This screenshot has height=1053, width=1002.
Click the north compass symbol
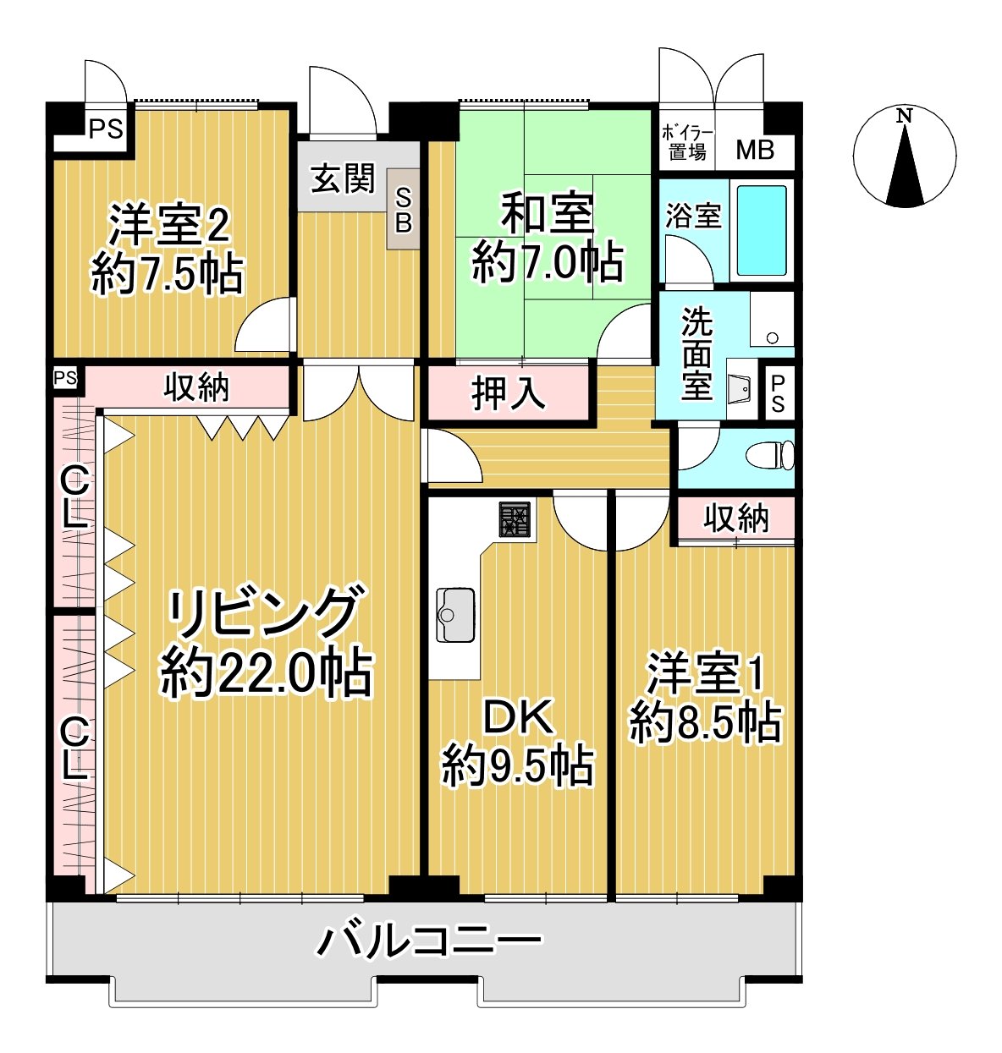click(904, 157)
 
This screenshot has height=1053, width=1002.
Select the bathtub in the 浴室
click(762, 230)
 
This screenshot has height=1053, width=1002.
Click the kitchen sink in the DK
click(455, 614)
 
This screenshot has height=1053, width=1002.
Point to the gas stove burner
click(515, 519)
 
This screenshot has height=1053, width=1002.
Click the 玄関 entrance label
click(342, 178)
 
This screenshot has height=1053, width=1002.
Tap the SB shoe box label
click(404, 210)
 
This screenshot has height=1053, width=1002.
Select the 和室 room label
click(548, 213)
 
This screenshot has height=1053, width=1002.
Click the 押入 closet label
click(508, 393)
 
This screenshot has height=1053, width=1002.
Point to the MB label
click(754, 151)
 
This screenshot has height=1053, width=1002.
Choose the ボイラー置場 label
click(686, 143)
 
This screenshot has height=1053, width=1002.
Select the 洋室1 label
click(706, 674)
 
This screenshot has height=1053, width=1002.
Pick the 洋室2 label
click(168, 225)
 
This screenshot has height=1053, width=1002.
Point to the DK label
click(518, 717)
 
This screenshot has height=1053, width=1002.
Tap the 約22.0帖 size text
click(267, 673)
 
